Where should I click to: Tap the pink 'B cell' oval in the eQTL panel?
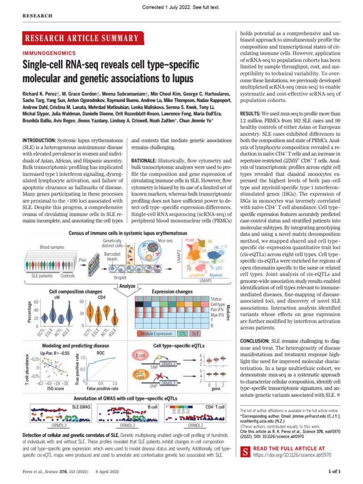pos(140,355)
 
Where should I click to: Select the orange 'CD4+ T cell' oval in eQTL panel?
pos(140,375)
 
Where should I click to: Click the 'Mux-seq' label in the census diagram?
pos(165,241)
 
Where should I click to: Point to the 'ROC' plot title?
pos(101,353)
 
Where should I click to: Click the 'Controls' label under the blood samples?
pos(68,276)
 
